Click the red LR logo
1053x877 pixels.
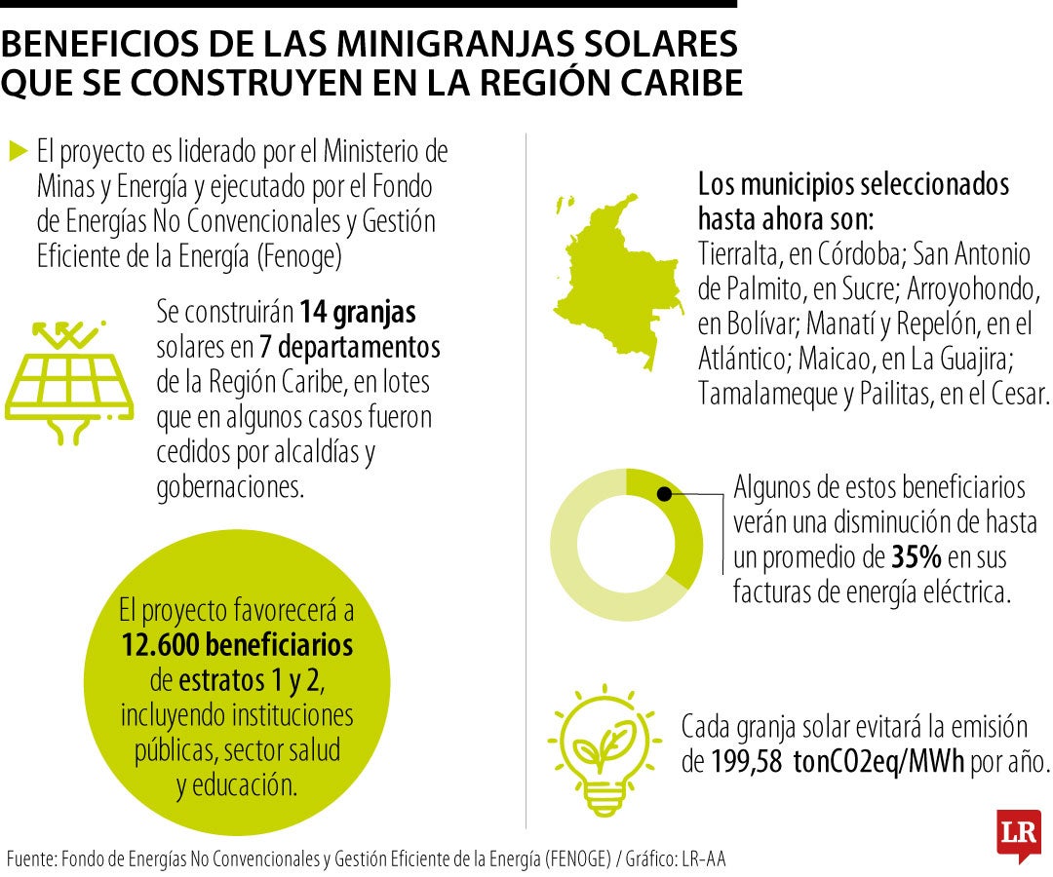[1018, 834]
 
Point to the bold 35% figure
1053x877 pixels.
[916, 557]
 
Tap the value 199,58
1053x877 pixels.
[747, 761]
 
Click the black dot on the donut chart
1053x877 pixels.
[665, 494]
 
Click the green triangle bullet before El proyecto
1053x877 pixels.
[18, 150]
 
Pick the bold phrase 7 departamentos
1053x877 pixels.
[350, 347]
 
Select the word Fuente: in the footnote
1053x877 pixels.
[31, 858]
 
